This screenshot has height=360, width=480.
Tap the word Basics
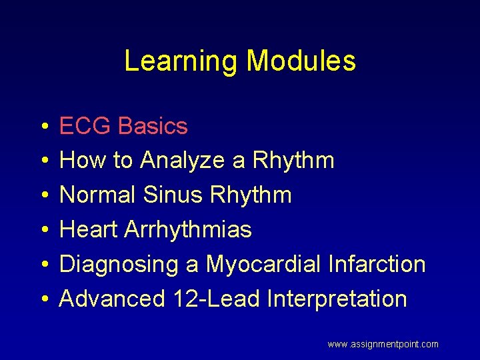pos(153,126)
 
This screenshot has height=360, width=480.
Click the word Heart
pos(89,230)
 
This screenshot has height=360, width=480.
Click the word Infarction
pos(377,265)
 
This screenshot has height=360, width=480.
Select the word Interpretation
pos(337,299)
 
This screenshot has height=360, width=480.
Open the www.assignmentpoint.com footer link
pos(383,345)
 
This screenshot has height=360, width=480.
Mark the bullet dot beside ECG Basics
pos(43,127)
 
